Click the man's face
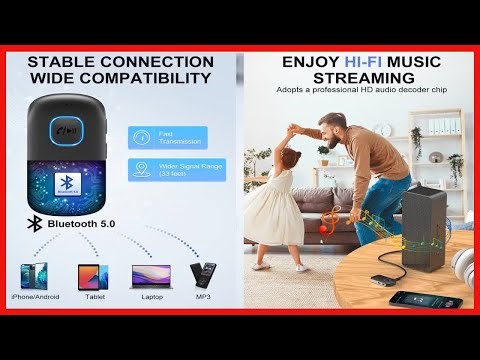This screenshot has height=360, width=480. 336,131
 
